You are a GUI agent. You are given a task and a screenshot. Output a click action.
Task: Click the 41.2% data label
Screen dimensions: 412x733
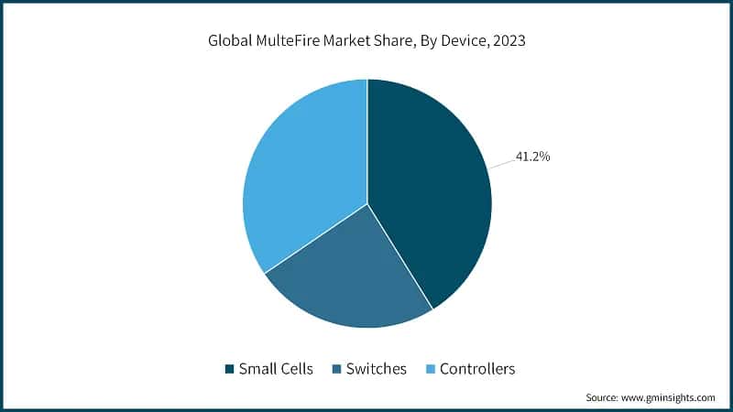click(531, 157)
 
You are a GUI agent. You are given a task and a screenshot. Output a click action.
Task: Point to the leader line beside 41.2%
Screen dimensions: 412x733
click(501, 163)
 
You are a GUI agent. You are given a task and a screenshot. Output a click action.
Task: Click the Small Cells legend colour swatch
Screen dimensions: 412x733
click(229, 370)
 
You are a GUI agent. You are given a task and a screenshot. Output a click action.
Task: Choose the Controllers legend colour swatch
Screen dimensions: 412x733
click(430, 370)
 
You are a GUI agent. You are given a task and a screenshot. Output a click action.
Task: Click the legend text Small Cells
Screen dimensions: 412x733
click(276, 370)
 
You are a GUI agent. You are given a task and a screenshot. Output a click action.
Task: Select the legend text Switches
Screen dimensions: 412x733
click(376, 370)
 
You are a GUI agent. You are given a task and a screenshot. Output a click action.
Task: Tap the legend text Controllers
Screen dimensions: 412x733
click(477, 370)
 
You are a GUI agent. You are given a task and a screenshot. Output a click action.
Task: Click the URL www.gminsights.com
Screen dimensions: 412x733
click(668, 398)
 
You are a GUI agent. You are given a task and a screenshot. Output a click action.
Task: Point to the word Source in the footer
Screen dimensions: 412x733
click(602, 398)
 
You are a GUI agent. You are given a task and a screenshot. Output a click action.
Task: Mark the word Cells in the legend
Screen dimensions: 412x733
click(295, 370)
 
